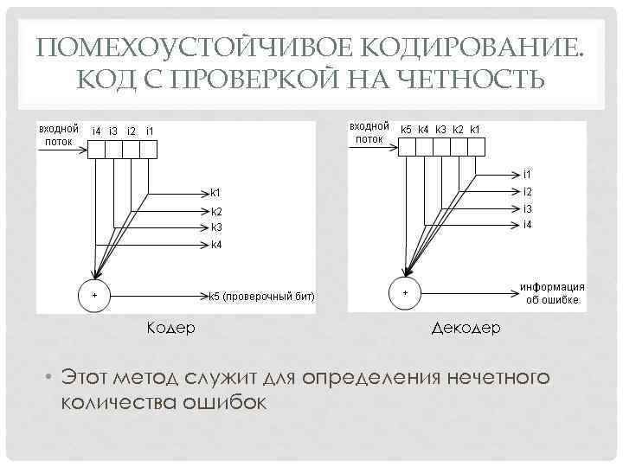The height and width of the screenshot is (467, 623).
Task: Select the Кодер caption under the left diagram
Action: click(x=170, y=328)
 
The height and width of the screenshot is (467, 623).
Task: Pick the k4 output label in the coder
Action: click(x=216, y=245)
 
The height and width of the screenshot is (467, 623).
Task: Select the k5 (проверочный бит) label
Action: click(x=262, y=297)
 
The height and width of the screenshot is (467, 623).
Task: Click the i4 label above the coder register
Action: click(x=96, y=131)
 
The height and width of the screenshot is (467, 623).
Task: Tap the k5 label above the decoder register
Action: click(x=406, y=130)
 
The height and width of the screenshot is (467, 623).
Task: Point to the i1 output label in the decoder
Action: click(x=527, y=175)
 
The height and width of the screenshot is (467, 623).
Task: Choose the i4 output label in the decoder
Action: click(x=527, y=225)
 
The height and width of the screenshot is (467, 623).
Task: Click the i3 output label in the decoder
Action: click(x=527, y=208)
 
